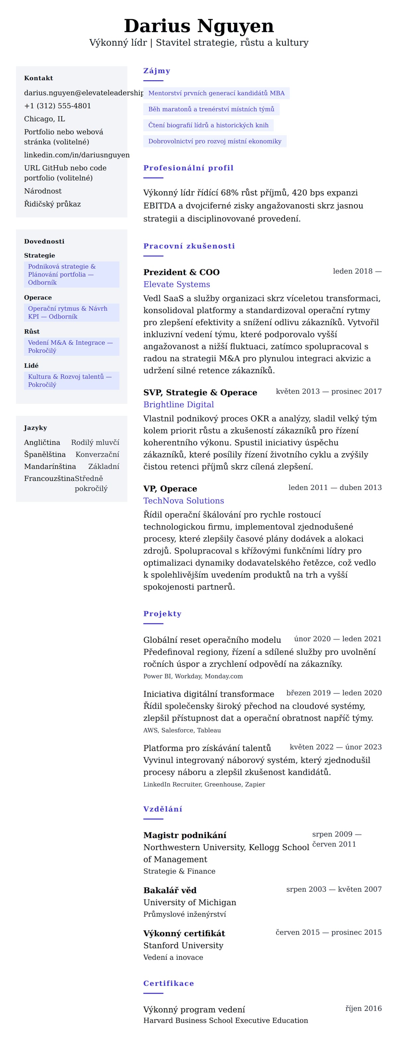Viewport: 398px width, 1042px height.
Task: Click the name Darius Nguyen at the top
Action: pyautogui.click(x=199, y=26)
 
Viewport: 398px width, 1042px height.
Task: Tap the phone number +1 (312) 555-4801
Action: pyautogui.click(x=57, y=106)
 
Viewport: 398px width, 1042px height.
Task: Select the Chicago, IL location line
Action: pyautogui.click(x=44, y=119)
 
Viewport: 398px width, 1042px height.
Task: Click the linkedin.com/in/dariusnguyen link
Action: pyautogui.click(x=77, y=155)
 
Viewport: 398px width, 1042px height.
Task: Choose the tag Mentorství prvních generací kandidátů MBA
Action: pyautogui.click(x=216, y=93)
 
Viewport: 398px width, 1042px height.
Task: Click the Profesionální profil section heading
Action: pyautogui.click(x=188, y=168)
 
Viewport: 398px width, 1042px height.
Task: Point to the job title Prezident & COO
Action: pyautogui.click(x=181, y=272)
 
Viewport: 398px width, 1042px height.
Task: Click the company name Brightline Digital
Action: pyautogui.click(x=178, y=404)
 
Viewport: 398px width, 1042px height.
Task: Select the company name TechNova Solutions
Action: pyautogui.click(x=183, y=501)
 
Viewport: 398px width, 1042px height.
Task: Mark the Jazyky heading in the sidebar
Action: pyautogui.click(x=35, y=428)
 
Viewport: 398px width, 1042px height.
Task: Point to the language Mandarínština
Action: pyautogui.click(x=50, y=466)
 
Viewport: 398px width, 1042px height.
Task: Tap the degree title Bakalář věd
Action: pyautogui.click(x=169, y=890)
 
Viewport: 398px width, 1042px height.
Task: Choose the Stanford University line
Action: pyautogui.click(x=183, y=945)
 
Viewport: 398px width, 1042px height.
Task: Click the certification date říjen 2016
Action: pyautogui.click(x=363, y=1009)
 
